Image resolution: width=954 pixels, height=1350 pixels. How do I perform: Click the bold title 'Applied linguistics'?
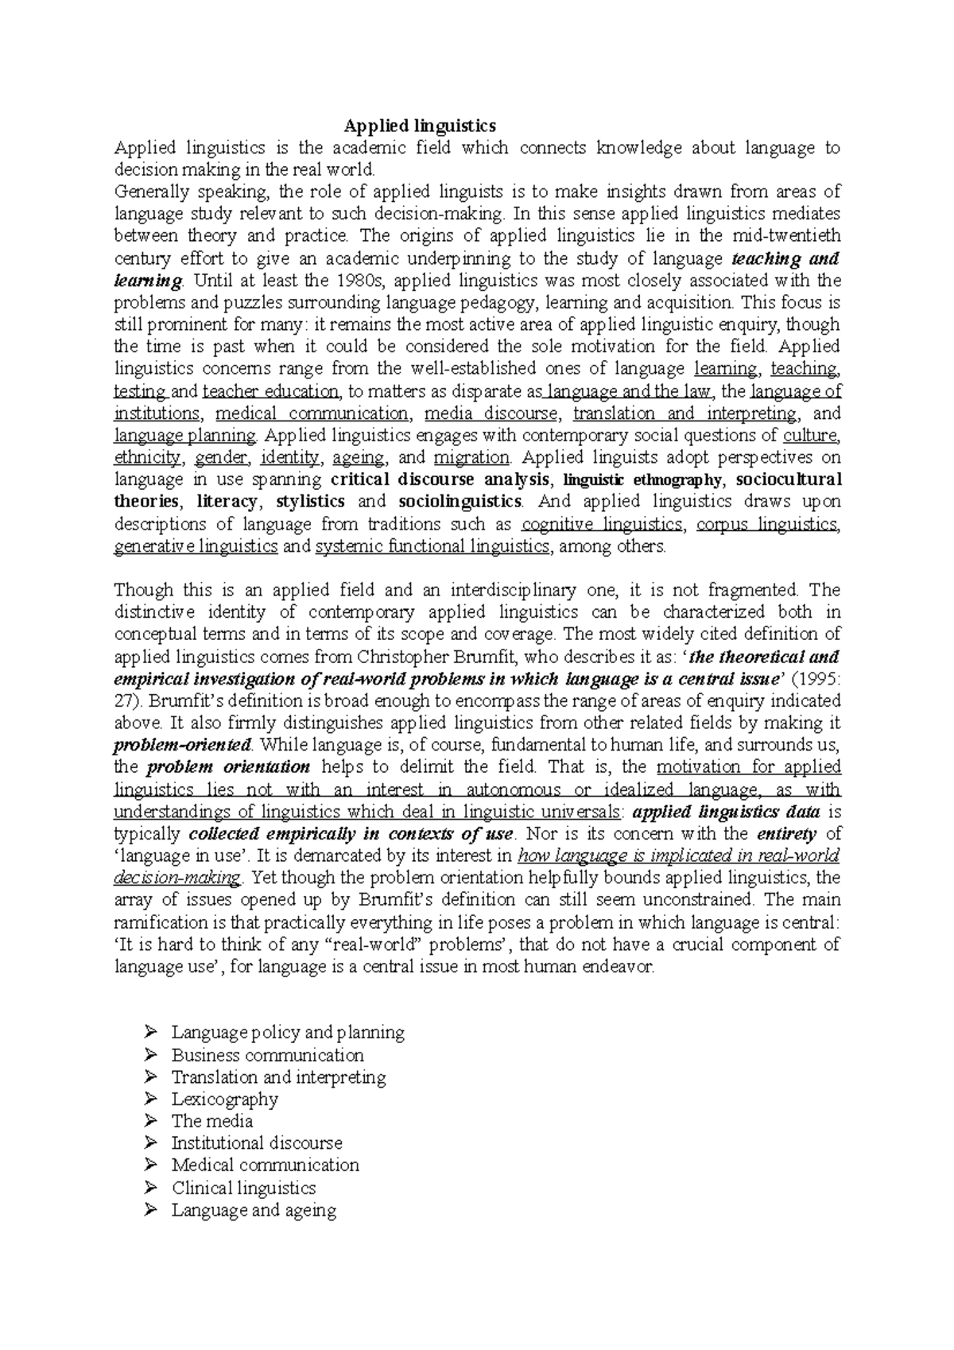420,126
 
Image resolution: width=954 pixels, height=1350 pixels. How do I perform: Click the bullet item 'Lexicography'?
224,1100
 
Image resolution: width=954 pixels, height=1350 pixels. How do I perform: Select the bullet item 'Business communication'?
267,1055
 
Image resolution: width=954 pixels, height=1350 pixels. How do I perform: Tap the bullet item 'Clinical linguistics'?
243,1188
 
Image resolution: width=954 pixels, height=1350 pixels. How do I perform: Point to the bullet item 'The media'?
211,1121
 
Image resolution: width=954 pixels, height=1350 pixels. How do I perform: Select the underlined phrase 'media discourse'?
491,413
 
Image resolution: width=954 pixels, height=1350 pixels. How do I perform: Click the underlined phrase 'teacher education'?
270,391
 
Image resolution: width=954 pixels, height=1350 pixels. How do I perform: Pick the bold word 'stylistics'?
310,502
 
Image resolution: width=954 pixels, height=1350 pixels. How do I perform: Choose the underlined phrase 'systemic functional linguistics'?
432,546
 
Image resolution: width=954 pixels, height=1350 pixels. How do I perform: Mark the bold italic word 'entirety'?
786,834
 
